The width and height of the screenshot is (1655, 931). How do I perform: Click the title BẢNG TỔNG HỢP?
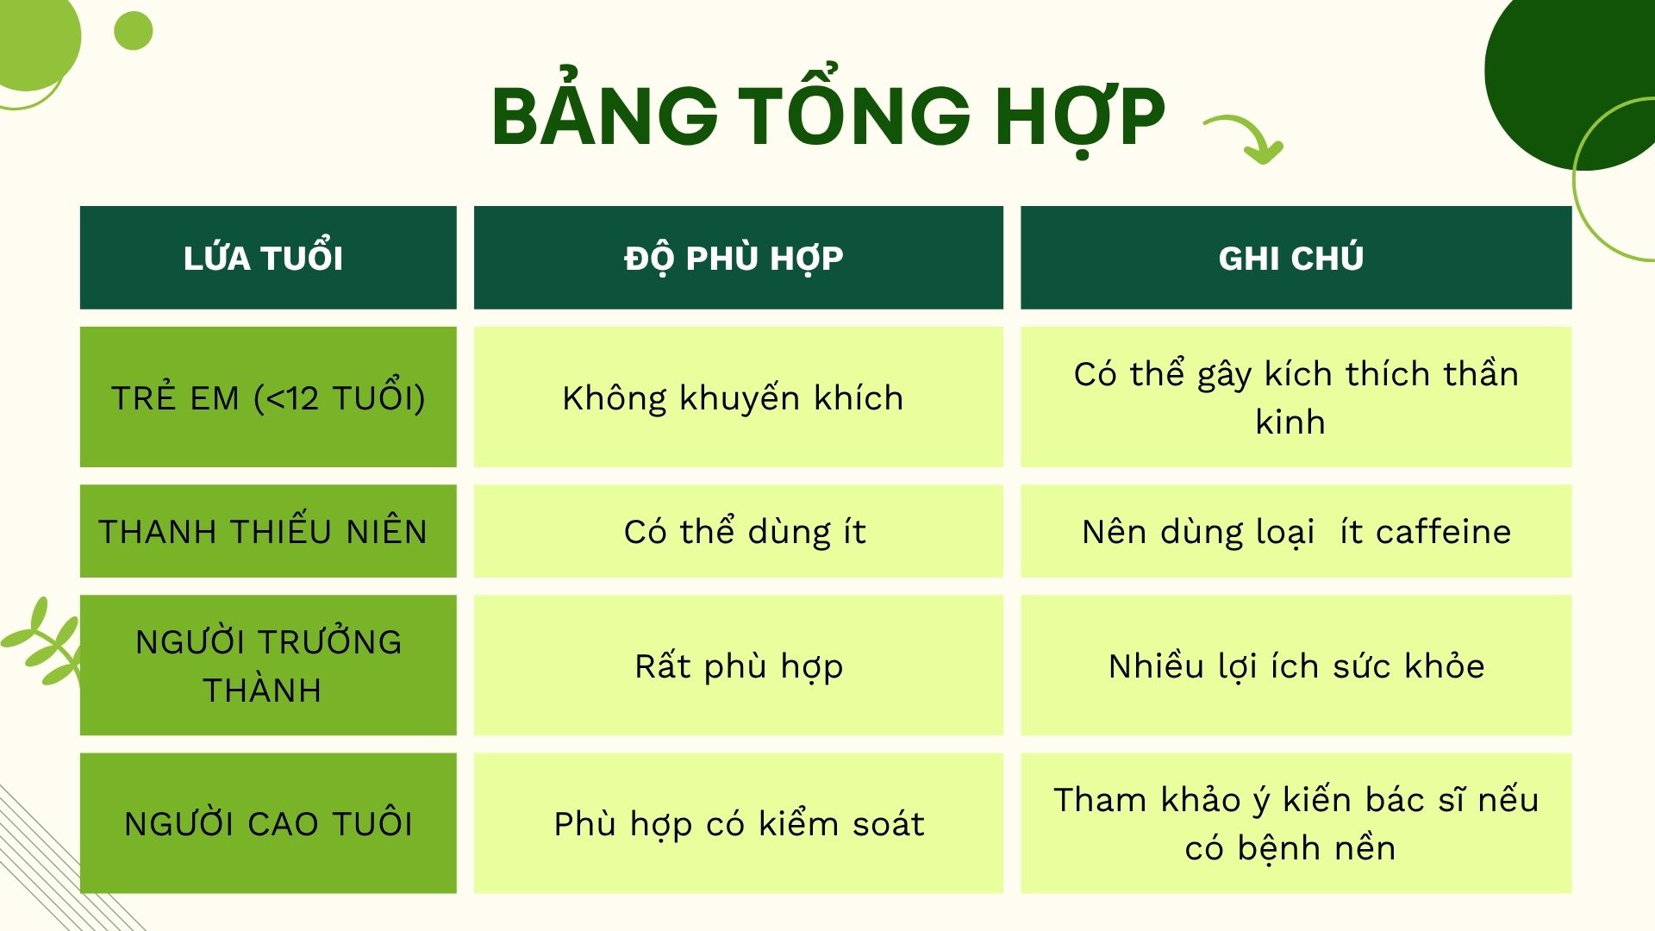coord(827,116)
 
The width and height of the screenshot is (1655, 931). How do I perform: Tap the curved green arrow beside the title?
coord(1246,138)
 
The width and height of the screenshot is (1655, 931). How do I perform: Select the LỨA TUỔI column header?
coord(264,258)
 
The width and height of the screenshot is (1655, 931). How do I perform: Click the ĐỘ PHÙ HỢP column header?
coord(734,258)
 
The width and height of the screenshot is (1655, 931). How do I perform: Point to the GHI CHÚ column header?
coord(1290,258)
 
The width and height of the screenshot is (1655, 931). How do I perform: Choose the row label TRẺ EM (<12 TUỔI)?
coord(268,397)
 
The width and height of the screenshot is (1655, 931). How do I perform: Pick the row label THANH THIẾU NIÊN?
coord(263,531)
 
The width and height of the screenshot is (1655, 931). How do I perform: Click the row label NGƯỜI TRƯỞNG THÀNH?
coord(268,665)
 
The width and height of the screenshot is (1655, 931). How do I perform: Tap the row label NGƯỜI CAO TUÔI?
coord(268,823)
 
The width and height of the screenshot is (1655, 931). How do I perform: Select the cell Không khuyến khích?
coord(733,397)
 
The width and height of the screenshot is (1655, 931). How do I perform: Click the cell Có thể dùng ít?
coord(745,531)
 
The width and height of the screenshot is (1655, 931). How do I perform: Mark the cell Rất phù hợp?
coord(739,665)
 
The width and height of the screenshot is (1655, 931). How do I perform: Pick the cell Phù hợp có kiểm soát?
coord(739,823)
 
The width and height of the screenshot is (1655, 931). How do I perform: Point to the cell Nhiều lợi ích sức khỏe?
coord(1296,665)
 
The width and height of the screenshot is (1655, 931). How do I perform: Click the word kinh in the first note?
coord(1290,422)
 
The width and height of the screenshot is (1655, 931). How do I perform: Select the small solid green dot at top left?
coord(134,31)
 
